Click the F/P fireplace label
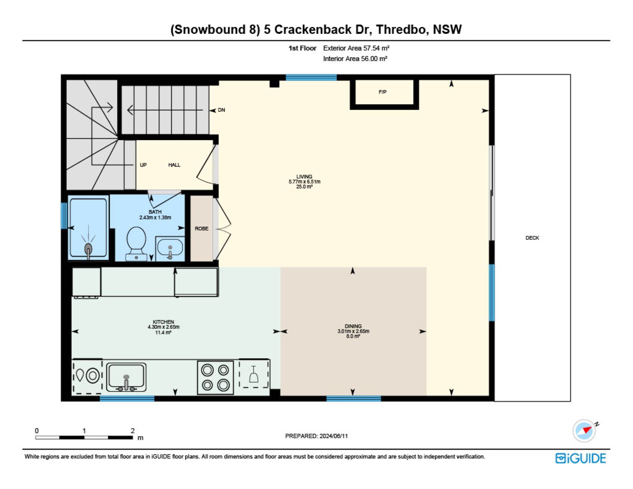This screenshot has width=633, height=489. (382, 92)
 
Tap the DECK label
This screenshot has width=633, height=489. (532, 238)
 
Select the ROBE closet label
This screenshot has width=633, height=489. (201, 229)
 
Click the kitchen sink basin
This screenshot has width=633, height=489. (126, 377)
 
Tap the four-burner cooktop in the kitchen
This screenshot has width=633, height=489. (215, 378)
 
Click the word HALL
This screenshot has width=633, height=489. (174, 165)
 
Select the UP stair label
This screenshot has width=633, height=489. (143, 165)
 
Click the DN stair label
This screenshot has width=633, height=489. (222, 110)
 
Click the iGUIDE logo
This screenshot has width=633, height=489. (581, 458)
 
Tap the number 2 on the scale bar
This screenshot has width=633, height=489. (133, 431)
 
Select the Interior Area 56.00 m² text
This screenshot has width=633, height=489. (355, 59)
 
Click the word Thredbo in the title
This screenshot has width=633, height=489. (402, 29)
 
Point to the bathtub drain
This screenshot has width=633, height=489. (88, 248)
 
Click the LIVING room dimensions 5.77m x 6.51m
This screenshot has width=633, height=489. (304, 182)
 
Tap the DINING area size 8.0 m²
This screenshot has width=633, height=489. (353, 336)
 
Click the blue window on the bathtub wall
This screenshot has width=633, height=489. (64, 215)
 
